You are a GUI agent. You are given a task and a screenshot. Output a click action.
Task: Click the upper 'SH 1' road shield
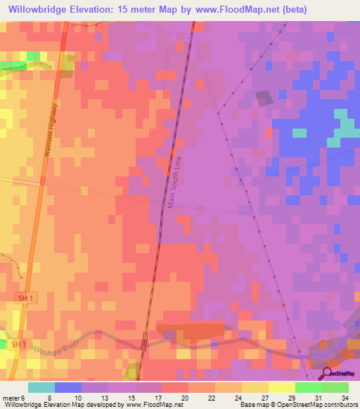coord(25,299)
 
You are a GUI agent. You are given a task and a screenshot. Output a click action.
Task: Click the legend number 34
coord(344,398)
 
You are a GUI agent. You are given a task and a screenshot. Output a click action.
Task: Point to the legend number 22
coord(210,398)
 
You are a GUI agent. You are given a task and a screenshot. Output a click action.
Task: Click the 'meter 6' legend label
coord(15,398)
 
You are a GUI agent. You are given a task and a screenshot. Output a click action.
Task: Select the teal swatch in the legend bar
coord(41,387)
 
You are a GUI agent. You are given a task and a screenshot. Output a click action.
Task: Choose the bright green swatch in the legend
coord(308,387)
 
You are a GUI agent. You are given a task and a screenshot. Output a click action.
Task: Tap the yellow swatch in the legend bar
coord(281,387)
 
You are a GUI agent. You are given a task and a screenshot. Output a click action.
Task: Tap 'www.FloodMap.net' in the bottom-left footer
coord(150,405)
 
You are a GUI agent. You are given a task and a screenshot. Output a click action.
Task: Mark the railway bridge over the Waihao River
coord(143,343)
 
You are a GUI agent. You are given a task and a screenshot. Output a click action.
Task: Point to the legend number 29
coord(290,398)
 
